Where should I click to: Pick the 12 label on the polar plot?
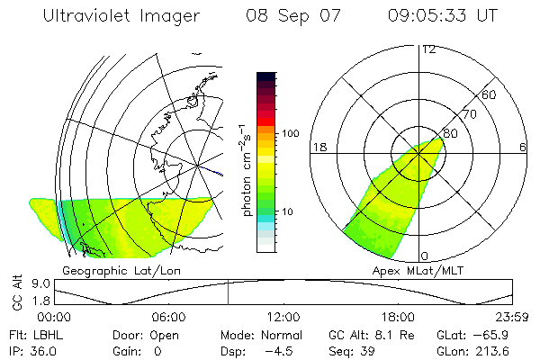click(x=428, y=49)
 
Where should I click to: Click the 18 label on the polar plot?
click(x=318, y=147)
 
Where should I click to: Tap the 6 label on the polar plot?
click(x=523, y=147)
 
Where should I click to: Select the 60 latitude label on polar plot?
click(x=490, y=94)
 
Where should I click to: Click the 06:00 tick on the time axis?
click(x=168, y=316)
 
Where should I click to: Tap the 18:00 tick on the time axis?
click(x=398, y=316)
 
